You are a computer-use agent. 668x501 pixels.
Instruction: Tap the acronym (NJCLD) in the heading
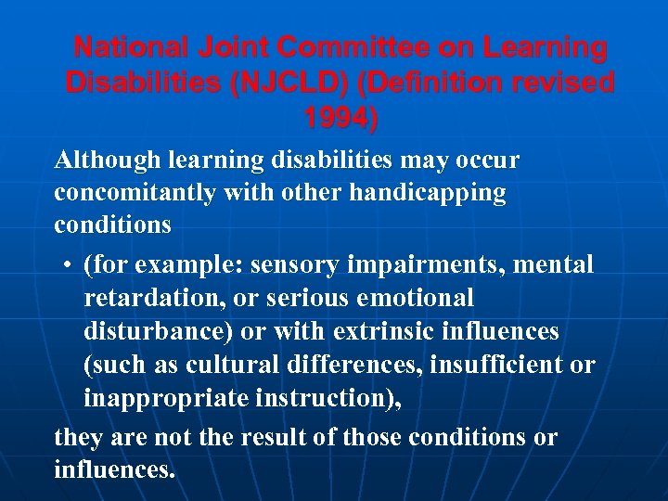[289, 83]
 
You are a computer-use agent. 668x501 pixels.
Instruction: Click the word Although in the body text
[108, 161]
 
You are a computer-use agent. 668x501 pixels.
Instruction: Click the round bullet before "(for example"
[70, 266]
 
